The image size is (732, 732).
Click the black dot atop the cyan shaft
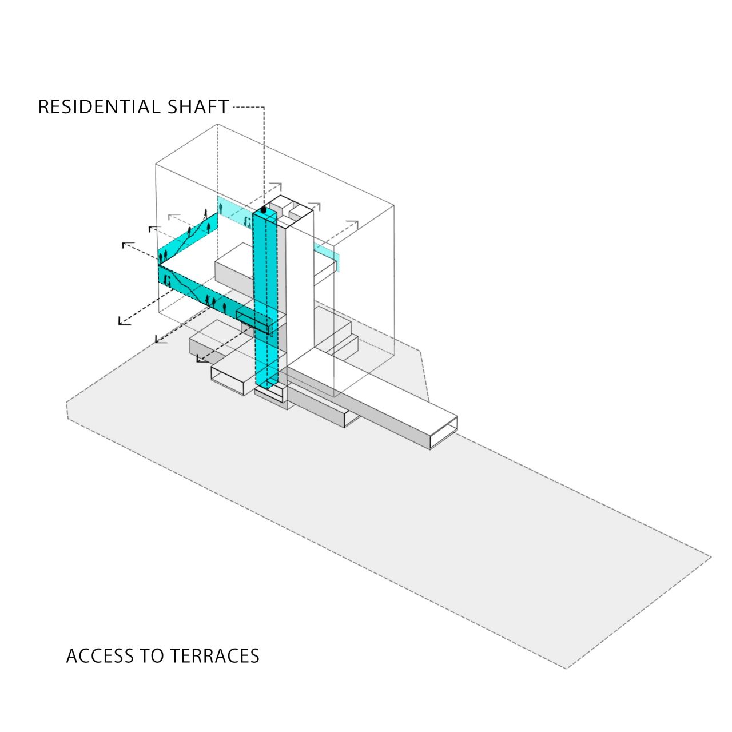point(264,210)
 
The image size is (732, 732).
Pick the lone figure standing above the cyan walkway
point(205,214)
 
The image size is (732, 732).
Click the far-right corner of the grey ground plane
point(711,556)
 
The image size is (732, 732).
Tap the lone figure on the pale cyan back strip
point(220,204)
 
